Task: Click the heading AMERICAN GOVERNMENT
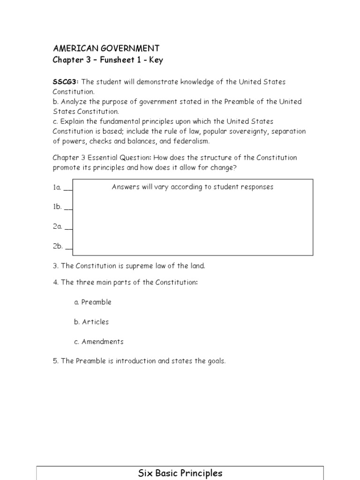[106, 48]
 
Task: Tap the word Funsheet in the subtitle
[111, 60]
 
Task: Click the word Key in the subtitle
[156, 60]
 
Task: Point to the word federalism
[192, 141]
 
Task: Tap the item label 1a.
[57, 187]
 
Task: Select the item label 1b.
[57, 207]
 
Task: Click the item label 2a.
[57, 226]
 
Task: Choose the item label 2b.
[57, 246]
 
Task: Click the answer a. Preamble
[93, 302]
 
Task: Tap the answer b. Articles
[91, 322]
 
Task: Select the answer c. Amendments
[99, 342]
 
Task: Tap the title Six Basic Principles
[180, 473]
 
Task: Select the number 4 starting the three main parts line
[55, 283]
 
